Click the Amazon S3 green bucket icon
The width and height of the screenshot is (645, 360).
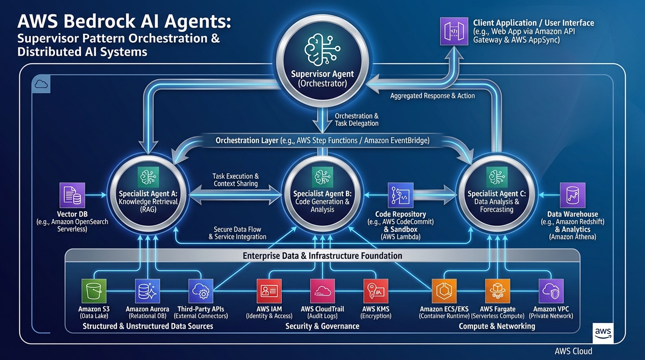tap(94, 292)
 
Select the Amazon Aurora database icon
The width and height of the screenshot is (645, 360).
tap(148, 292)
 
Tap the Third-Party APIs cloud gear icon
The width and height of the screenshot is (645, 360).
tap(201, 292)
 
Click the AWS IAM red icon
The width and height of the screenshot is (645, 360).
tap(269, 292)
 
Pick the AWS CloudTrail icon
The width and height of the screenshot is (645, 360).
tap(322, 292)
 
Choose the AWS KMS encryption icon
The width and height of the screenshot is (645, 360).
tap(376, 292)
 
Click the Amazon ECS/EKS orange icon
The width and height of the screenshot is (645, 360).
tap(444, 292)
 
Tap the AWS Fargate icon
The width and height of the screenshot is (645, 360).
tap(497, 292)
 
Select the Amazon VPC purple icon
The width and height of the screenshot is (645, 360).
tap(551, 292)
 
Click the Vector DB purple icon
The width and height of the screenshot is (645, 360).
tap(73, 195)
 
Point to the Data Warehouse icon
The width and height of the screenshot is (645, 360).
tap(572, 195)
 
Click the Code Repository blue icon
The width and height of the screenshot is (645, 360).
tap(400, 195)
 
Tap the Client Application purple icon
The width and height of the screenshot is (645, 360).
tap(454, 31)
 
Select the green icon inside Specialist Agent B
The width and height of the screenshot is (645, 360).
tap(322, 177)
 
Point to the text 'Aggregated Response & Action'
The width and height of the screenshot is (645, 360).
tap(432, 96)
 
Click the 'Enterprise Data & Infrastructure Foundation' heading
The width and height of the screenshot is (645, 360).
tap(322, 256)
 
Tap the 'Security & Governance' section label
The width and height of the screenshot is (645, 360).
tap(322, 326)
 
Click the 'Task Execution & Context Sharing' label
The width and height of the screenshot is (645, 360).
tap(235, 180)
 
